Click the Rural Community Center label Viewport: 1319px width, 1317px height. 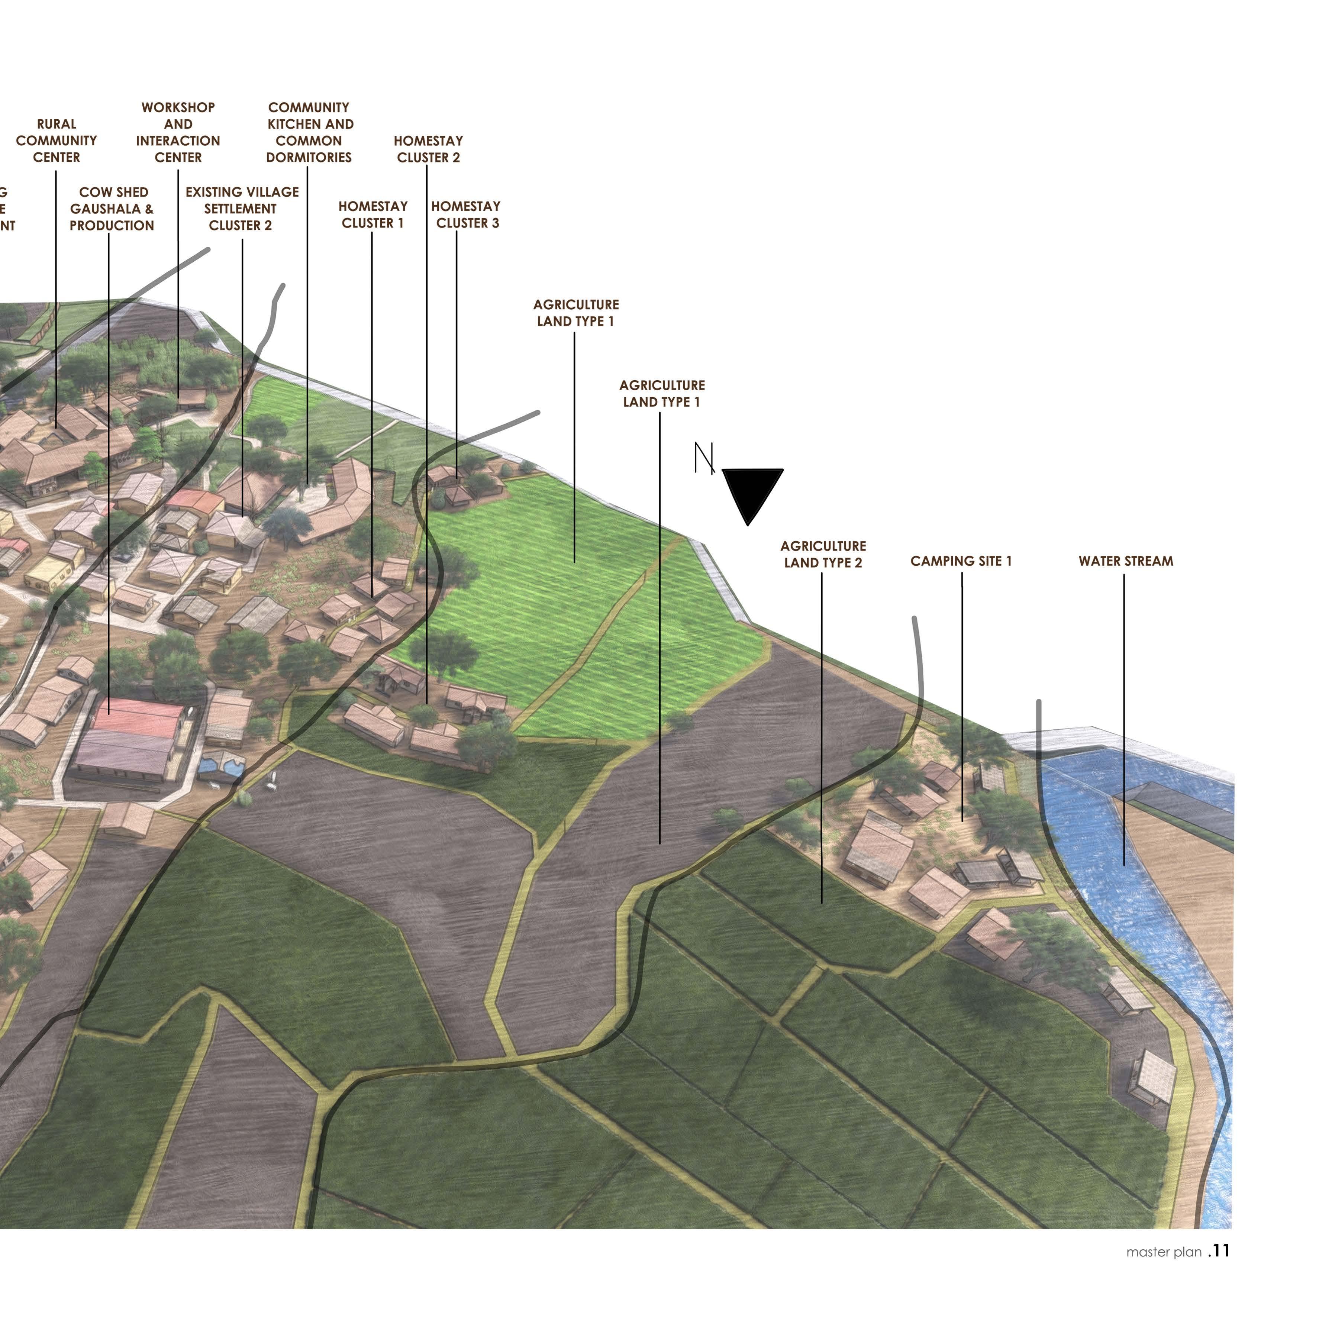click(56, 141)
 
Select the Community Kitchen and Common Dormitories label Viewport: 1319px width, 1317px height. click(309, 132)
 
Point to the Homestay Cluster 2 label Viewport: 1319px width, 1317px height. click(428, 149)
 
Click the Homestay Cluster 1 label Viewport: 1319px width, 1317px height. click(373, 214)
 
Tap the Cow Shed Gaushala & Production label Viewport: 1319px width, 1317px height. click(112, 209)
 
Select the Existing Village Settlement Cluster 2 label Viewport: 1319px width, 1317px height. click(242, 209)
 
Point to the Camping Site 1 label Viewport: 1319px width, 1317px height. click(961, 561)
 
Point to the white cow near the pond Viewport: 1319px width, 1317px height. click(272, 785)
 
